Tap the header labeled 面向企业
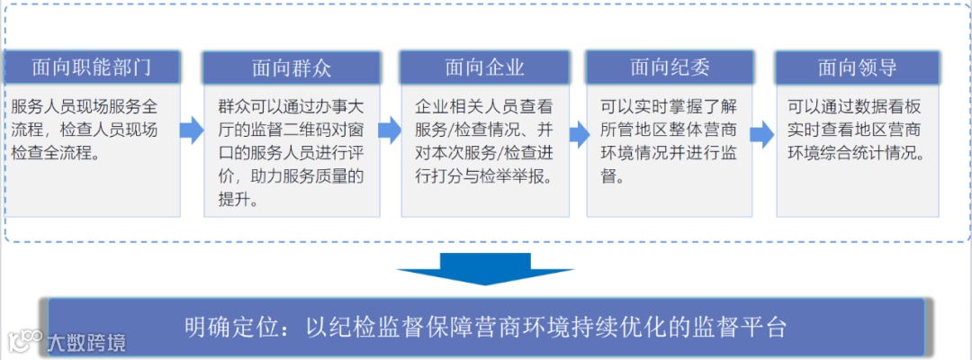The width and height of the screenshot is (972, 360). click(x=484, y=67)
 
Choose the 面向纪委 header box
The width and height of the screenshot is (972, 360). click(x=670, y=67)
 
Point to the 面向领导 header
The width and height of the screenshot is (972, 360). click(x=857, y=67)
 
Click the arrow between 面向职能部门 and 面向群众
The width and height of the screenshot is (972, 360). click(x=192, y=130)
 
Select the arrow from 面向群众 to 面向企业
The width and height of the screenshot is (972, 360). click(x=389, y=130)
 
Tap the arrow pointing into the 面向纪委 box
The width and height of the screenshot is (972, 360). click(x=577, y=130)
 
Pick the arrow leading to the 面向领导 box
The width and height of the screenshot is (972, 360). click(x=761, y=133)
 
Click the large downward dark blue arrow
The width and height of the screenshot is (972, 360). click(x=485, y=268)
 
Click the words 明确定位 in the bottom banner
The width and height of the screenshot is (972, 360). click(x=222, y=327)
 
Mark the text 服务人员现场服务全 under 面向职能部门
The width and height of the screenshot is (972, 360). click(x=85, y=105)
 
